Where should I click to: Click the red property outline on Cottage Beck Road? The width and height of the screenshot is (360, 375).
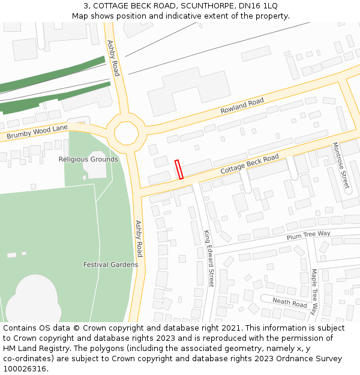(x=179, y=169)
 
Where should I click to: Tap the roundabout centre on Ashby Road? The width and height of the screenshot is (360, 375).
(x=126, y=133)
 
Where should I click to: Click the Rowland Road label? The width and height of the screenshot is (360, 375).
(x=242, y=106)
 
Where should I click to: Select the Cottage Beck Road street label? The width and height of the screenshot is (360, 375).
(x=250, y=164)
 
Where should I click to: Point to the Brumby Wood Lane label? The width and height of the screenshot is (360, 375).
(x=37, y=133)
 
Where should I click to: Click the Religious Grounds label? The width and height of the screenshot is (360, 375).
(x=88, y=159)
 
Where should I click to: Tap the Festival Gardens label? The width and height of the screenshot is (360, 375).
(x=110, y=265)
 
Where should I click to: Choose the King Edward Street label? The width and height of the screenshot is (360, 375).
(x=208, y=259)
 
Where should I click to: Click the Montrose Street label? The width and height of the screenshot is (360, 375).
(x=341, y=166)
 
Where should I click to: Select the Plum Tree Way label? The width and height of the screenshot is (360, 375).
(x=308, y=236)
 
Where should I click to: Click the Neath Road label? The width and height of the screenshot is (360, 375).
(x=290, y=302)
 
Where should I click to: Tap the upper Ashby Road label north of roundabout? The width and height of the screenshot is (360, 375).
(x=113, y=58)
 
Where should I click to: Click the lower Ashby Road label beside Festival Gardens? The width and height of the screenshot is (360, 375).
(x=139, y=239)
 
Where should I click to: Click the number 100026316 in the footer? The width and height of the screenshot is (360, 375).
(x=25, y=369)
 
